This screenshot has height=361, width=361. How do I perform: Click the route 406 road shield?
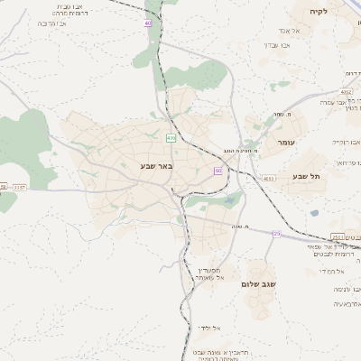point(171,137)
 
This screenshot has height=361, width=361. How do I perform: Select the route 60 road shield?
point(218,170)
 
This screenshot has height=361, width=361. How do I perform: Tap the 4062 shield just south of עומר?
point(270,177)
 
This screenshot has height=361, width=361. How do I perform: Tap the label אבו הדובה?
point(51,26)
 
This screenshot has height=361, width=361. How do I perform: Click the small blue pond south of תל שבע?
point(313,212)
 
